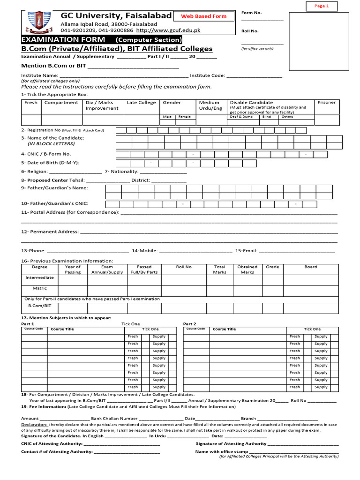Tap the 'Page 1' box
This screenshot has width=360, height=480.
322,6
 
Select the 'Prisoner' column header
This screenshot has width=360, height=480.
326,103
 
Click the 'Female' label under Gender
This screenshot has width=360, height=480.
184,117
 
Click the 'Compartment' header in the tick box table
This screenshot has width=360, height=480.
61,103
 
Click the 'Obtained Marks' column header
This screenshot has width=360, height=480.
247,269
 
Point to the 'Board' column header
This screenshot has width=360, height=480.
311,267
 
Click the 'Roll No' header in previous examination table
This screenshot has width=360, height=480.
184,267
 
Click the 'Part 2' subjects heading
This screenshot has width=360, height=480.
189,324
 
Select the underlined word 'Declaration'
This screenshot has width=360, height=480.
34,425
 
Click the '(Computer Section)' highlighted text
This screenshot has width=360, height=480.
148,40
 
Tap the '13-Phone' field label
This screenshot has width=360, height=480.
33,251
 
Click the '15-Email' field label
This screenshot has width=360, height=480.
246,251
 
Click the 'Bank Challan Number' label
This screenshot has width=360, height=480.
114,418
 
